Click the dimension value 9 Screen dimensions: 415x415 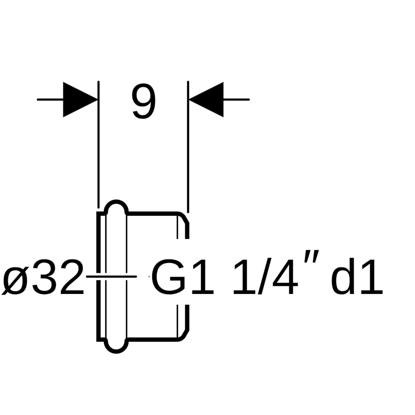tap(144, 101)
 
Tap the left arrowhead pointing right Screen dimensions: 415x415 tap(77, 100)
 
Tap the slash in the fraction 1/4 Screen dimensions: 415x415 tap(265, 276)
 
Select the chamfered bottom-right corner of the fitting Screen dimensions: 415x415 tap(184, 335)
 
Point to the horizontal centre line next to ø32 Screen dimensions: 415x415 tap(111, 276)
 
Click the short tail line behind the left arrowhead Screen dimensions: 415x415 tap(50, 100)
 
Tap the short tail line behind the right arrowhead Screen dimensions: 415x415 tap(236, 100)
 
